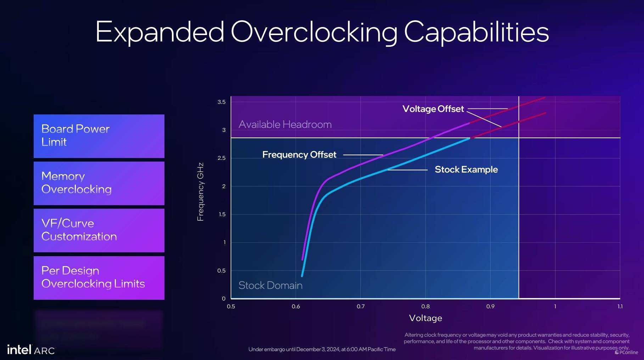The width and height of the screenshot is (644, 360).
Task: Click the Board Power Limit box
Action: [99, 136]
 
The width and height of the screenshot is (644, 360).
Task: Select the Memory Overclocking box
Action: [99, 183]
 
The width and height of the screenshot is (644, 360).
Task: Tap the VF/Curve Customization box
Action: [99, 230]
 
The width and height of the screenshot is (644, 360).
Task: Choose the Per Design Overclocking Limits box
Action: [99, 278]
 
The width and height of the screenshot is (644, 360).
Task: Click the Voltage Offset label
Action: [433, 109]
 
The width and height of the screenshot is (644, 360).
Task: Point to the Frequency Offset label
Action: [299, 155]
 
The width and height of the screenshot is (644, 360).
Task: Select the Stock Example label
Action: [466, 170]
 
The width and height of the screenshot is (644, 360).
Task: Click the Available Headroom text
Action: [285, 125]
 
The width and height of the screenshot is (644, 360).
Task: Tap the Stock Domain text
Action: [270, 285]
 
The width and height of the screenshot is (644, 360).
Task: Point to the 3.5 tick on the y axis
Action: [222, 102]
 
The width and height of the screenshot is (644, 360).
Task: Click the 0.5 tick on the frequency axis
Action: [222, 271]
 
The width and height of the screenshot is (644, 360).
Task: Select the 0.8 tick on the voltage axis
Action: [425, 306]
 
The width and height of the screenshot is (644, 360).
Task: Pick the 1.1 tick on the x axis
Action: [620, 306]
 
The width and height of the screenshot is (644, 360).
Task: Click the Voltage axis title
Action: [425, 318]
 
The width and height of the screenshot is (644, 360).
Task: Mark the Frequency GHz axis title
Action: [201, 192]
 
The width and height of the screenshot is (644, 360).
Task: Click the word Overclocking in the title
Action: [314, 32]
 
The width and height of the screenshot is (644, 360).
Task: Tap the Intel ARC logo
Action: [31, 350]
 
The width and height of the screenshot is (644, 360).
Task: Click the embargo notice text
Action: [322, 349]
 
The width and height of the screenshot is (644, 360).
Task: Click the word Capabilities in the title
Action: [476, 32]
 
